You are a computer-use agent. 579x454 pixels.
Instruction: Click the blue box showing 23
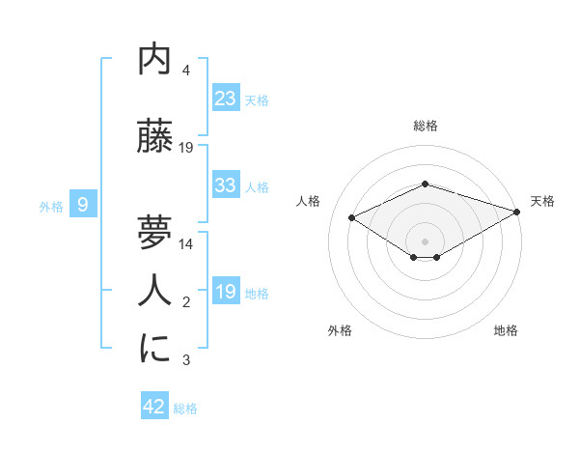226,99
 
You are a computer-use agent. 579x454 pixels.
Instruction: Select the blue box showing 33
226,185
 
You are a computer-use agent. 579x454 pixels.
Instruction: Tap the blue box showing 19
226,292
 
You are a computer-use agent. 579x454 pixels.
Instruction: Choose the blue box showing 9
83,204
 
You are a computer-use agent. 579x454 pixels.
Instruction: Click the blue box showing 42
154,407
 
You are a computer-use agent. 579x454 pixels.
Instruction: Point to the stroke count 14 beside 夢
186,244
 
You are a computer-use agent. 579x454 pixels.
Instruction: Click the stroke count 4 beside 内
186,71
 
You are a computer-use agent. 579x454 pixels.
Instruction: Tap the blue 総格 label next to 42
185,409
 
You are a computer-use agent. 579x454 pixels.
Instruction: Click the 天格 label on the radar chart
542,201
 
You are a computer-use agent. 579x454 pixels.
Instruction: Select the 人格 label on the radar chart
309,201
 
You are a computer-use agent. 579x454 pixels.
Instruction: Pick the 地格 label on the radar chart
506,330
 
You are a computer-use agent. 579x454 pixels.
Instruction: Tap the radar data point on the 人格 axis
351,216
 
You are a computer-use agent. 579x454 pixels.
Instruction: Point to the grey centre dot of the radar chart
425,240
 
